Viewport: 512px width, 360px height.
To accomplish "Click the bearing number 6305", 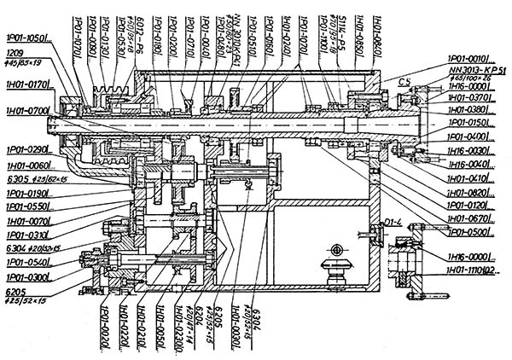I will pyautogui.click(x=15, y=180).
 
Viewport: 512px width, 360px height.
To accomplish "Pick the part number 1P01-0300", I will pyautogui.click(x=26, y=276).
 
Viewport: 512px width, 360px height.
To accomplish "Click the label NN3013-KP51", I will pyautogui.click(x=474, y=69).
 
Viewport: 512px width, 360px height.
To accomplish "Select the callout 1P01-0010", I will pyautogui.click(x=473, y=57).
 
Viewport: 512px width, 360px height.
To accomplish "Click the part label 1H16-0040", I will pyautogui.click(x=473, y=165).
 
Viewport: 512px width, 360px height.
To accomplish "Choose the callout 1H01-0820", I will pyautogui.click(x=473, y=193).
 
